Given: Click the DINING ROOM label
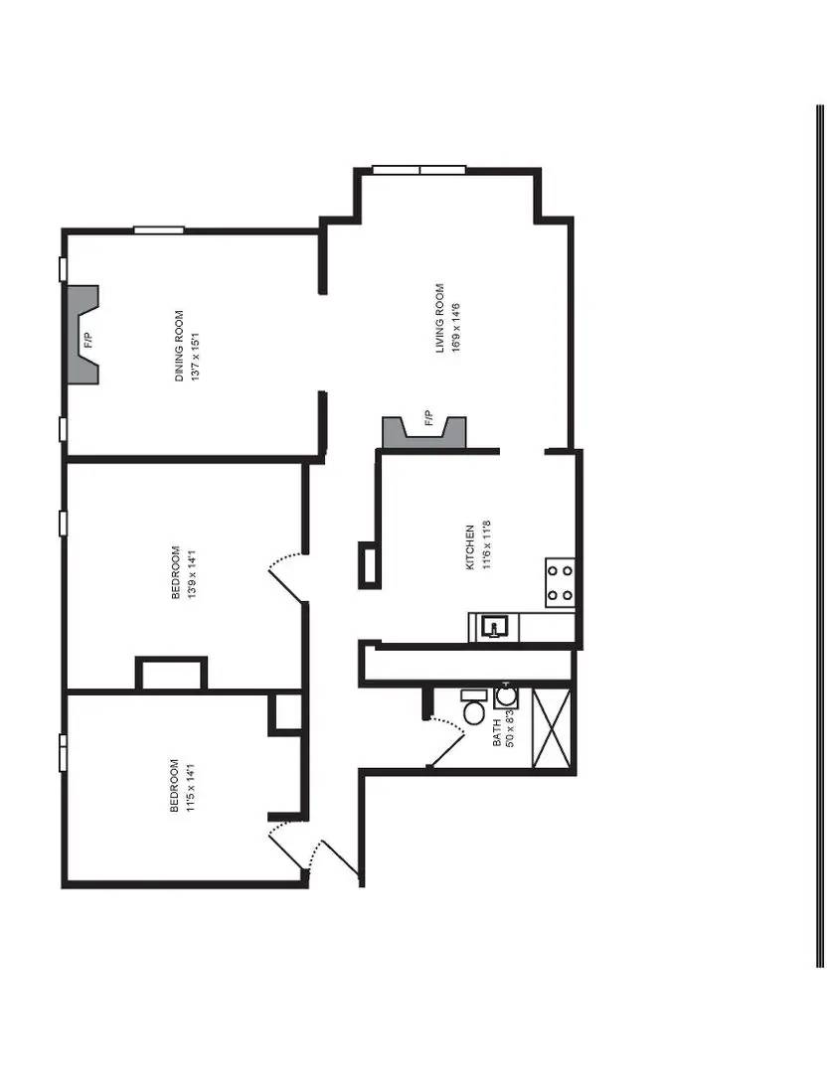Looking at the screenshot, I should click(180, 347).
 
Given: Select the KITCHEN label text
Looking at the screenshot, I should click(470, 547).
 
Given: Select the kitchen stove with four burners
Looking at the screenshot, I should click(561, 583).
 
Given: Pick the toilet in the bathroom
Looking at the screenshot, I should click(474, 708).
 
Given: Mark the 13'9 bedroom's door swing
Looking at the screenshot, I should click(287, 574).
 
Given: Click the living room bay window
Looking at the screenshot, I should click(418, 170).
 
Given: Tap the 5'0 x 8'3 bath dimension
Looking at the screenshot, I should click(510, 733).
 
